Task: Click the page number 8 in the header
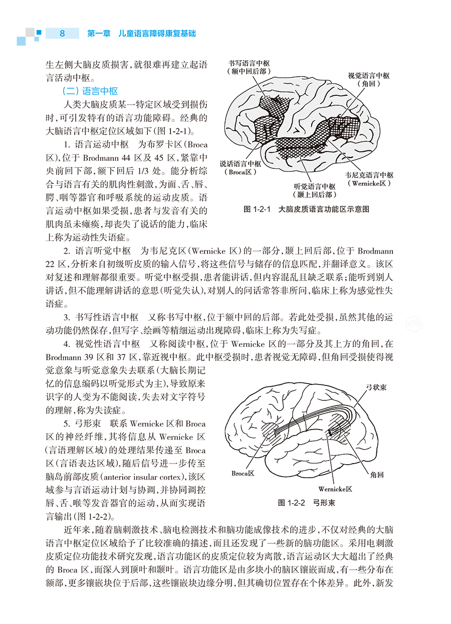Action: [x=62, y=34]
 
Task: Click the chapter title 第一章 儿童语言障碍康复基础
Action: [x=141, y=34]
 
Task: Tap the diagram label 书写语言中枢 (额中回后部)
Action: [x=249, y=68]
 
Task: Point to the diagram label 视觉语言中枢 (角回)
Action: [x=369, y=80]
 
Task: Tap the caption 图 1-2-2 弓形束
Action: [x=307, y=503]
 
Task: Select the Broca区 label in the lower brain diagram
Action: [x=244, y=474]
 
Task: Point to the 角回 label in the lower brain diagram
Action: [x=377, y=474]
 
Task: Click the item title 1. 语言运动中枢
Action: [x=96, y=144]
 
